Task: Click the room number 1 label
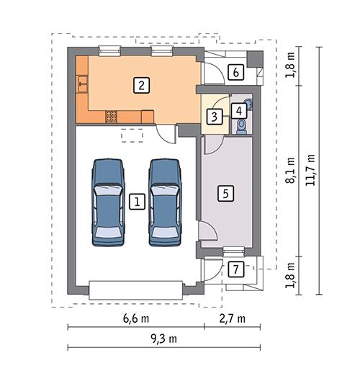coord(135,202)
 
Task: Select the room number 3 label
coord(214,115)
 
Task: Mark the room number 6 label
coord(234,71)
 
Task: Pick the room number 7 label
coord(234,269)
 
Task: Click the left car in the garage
coord(109,202)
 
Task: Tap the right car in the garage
coord(164,202)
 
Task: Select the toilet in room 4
coord(241,127)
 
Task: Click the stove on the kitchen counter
coord(112,115)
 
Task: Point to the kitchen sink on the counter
coord(82,84)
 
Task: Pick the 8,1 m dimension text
coord(291,171)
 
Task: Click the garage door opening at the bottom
coord(135,290)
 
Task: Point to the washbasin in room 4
coord(248,104)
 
